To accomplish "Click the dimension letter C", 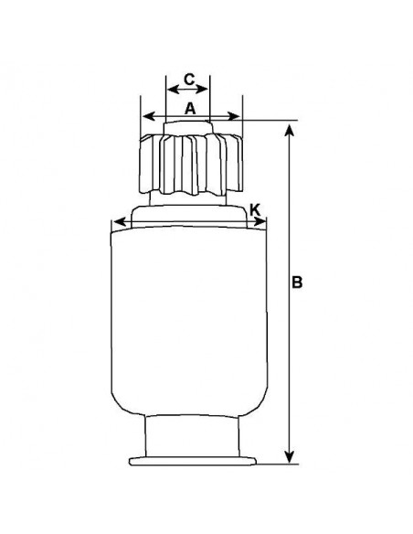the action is pos(189,80).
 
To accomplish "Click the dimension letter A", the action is pos(191,109).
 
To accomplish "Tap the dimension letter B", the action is pos(297,283).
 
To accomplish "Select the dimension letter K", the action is pos(255,209).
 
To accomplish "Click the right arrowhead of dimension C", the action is pos(202,90).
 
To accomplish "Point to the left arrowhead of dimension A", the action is pos(149,116).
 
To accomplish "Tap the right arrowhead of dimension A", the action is pos(234,116).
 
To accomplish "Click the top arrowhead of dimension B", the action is pos(289,131).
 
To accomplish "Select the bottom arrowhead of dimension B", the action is pos(289,456).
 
